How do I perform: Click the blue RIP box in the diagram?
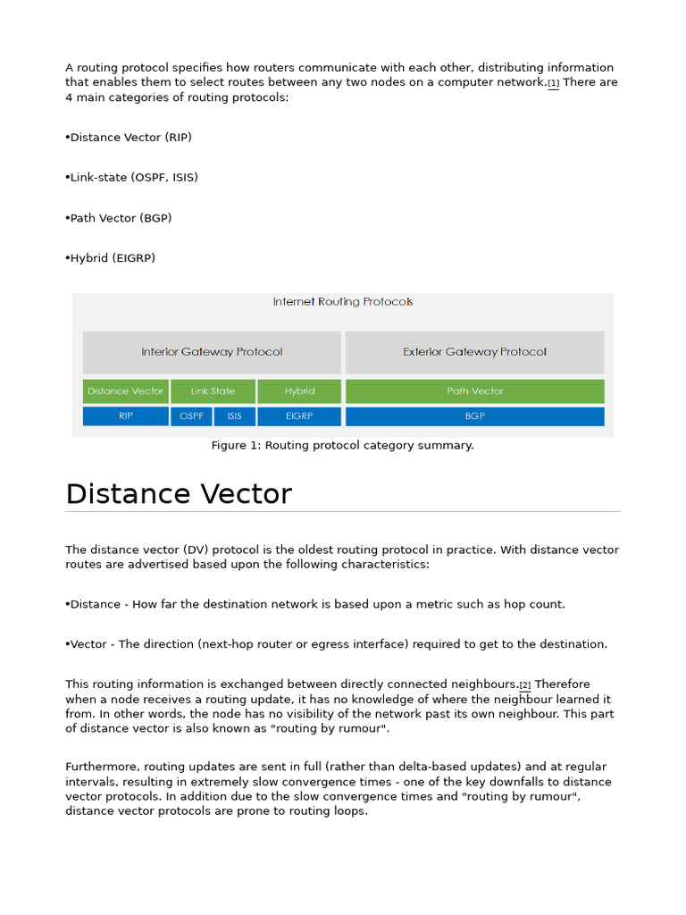126,416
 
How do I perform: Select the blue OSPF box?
191,416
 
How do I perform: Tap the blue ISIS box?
234,416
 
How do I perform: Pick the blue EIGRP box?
299,416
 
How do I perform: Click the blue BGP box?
474,416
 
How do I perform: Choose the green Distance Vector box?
126,391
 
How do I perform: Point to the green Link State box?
213,391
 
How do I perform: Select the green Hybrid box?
299,391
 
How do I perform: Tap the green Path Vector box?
474,391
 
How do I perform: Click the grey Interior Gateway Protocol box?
212,352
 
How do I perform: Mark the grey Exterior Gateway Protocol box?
474,352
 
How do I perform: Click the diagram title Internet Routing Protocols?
343,302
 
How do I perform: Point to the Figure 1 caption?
342,445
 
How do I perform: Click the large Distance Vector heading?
179,494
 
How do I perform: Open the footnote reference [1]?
554,83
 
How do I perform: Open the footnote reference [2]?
525,685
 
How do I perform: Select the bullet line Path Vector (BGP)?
120,218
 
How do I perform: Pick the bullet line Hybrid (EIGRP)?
112,258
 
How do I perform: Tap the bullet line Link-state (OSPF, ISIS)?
133,178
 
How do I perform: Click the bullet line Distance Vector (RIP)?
130,138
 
